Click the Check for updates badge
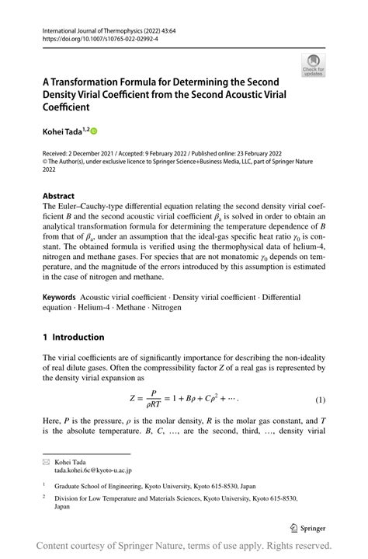pyautogui.click(x=313, y=65)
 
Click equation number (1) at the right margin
pyautogui.click(x=319, y=399)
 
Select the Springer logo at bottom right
pyautogui.click(x=307, y=527)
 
